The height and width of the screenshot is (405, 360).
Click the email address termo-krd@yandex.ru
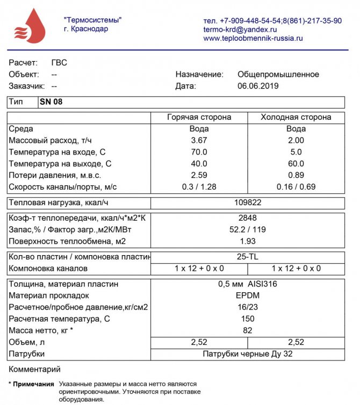tap(240, 30)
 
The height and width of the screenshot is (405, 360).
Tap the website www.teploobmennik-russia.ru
tap(253, 39)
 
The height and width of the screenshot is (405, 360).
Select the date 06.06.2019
tap(257, 86)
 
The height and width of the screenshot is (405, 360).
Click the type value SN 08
tap(51, 102)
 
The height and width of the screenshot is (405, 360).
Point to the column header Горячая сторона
tap(199, 117)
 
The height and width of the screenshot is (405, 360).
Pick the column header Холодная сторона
tap(296, 117)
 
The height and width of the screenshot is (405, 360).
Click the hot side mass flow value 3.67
tap(199, 140)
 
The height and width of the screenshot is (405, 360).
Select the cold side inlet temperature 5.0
tap(296, 152)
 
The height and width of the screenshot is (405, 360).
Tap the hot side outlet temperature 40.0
tap(199, 163)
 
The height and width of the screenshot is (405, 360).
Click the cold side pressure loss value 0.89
tap(296, 175)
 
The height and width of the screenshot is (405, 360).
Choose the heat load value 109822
tap(248, 203)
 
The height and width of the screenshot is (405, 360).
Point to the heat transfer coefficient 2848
tap(248, 218)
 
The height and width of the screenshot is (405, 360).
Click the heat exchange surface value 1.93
tap(248, 241)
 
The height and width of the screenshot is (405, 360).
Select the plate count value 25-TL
tap(248, 257)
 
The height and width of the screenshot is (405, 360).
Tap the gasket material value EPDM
tap(248, 295)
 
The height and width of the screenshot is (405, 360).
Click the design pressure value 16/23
tap(248, 307)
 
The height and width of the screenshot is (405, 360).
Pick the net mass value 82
tap(248, 330)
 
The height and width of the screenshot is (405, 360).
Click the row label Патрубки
tap(27, 354)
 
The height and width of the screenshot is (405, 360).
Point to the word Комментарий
tap(34, 370)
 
